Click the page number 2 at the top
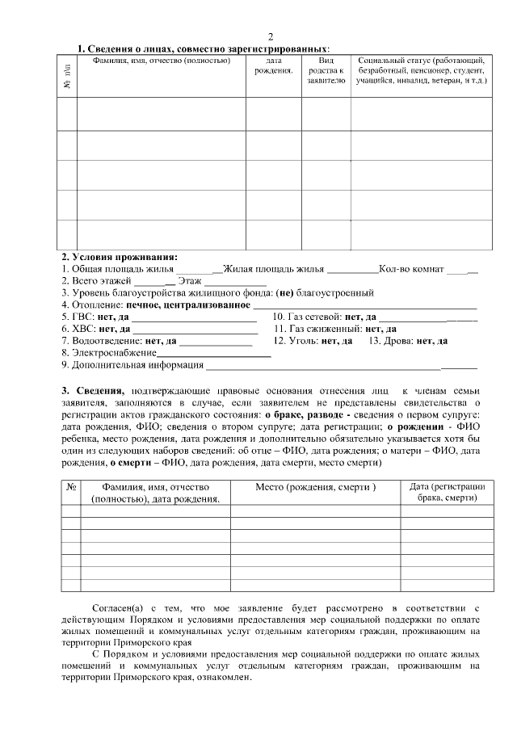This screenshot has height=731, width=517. tap(270, 36)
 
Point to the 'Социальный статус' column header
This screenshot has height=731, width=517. tap(421, 71)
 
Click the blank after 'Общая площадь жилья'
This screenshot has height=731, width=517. tap(195, 269)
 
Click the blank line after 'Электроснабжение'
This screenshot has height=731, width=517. tap(213, 354)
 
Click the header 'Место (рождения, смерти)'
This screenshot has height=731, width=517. tap(316, 487)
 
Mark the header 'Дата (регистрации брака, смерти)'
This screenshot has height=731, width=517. tap(447, 493)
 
